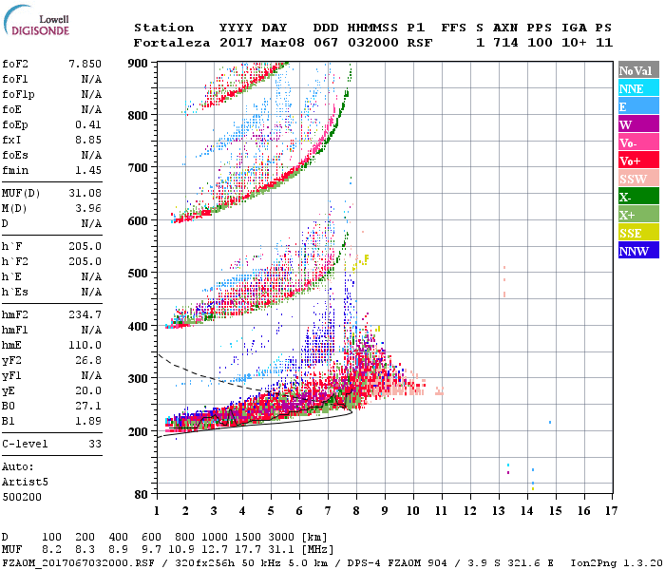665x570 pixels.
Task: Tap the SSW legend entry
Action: click(635, 179)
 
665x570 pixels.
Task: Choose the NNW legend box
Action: click(635, 251)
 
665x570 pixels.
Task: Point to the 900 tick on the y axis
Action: click(140, 63)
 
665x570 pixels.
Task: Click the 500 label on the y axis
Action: click(140, 274)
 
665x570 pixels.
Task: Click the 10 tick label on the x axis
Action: click(413, 510)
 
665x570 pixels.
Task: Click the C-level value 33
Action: click(94, 444)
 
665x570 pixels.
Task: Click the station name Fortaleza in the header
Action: click(164, 43)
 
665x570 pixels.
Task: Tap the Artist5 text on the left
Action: click(23, 482)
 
